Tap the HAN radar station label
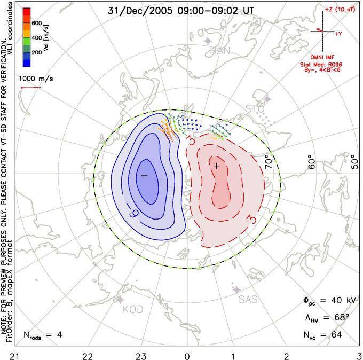(220, 51)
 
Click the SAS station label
(248, 300)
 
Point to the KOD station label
(133, 310)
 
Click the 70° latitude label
(270, 160)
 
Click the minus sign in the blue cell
(144, 175)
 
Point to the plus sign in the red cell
(216, 166)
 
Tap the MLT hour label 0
(187, 354)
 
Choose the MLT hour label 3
(359, 354)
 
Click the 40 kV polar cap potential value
(337, 301)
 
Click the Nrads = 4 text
(43, 335)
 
